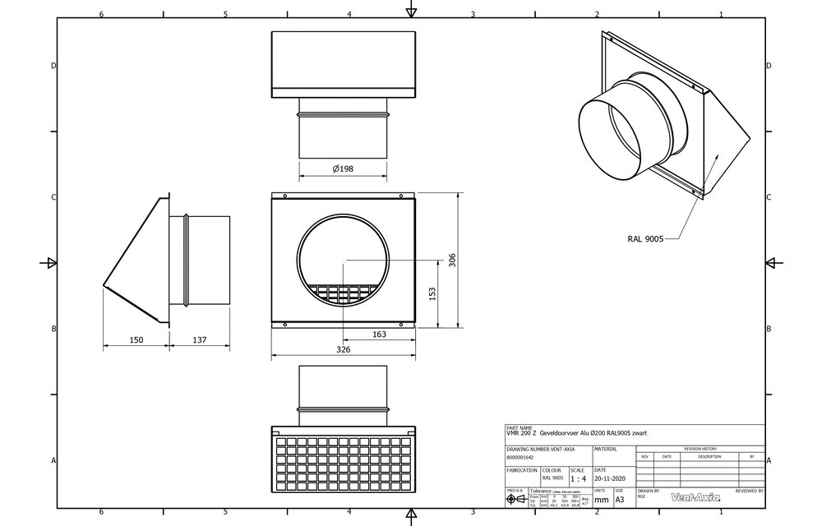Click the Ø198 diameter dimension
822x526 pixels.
click(344, 168)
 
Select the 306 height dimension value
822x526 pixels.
click(452, 260)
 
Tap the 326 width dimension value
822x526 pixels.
click(343, 350)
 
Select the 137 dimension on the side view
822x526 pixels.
click(200, 339)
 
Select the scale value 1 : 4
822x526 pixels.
click(578, 478)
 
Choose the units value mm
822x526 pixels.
click(602, 498)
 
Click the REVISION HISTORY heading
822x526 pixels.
click(700, 449)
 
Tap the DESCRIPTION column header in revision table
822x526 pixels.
click(709, 456)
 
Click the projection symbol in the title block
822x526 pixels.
click(515, 499)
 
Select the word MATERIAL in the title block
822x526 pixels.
click(605, 450)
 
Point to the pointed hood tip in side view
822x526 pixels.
click(104, 287)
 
